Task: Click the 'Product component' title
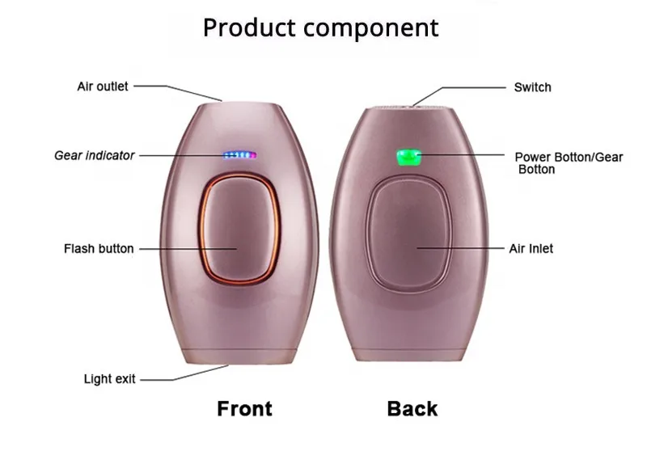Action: (x=320, y=27)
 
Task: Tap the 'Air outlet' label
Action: (x=102, y=86)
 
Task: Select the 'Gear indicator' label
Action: (x=95, y=155)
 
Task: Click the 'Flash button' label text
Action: (x=99, y=248)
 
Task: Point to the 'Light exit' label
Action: (x=110, y=378)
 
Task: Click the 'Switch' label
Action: (x=532, y=86)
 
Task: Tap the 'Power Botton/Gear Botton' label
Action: (x=569, y=162)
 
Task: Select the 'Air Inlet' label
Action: (x=531, y=248)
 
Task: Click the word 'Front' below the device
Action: (x=244, y=408)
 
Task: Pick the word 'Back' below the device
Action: (x=412, y=408)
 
